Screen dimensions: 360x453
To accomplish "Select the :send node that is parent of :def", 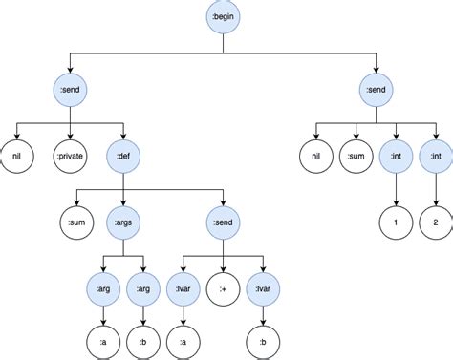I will (71, 92).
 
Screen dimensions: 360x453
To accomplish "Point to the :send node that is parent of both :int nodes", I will (376, 92).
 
